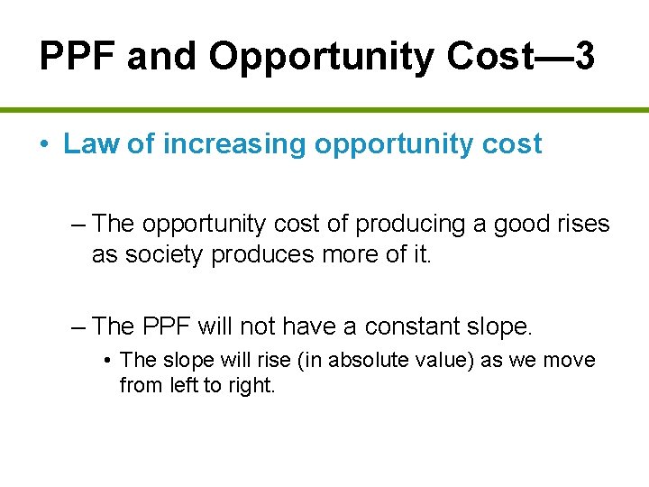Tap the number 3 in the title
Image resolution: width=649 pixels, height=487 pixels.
coord(584,57)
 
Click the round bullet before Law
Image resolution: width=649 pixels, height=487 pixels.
coord(43,145)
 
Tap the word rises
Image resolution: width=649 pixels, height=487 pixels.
coord(580,223)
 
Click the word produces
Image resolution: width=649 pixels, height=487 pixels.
coord(255,255)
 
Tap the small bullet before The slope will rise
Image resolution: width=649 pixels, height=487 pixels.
coord(107,361)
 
